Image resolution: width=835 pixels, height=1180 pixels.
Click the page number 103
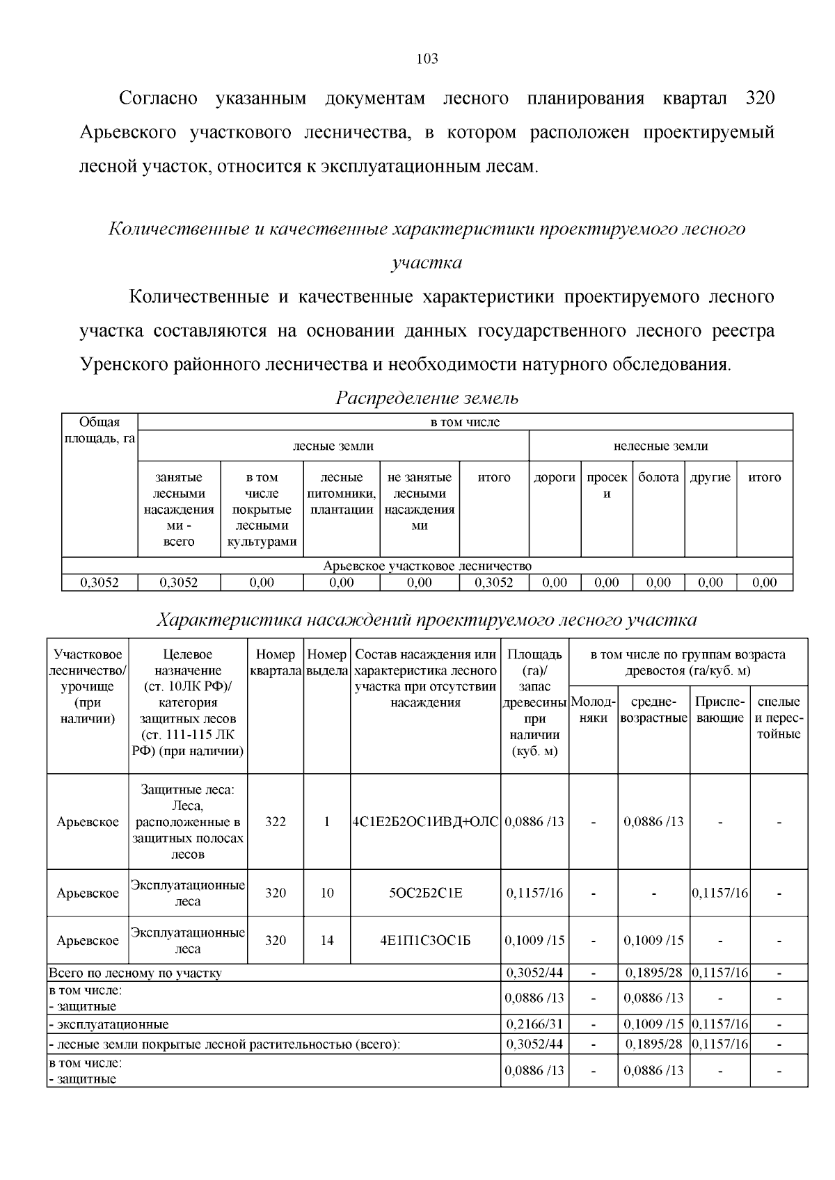427,59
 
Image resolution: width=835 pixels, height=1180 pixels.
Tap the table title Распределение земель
427,398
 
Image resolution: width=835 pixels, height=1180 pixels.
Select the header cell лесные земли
333,446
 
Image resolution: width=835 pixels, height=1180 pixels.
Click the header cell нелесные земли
660,446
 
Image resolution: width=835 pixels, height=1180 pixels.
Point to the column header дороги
554,478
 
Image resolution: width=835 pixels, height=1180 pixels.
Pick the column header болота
658,478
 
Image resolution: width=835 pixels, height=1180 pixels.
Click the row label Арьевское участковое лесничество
427,566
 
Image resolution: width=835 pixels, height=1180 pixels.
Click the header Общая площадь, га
99,430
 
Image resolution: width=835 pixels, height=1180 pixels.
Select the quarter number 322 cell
276,821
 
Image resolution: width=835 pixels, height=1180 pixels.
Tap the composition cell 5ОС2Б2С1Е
425,893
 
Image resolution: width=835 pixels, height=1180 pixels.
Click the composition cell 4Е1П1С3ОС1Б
425,940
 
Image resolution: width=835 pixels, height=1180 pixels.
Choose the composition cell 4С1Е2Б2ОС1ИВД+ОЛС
425,821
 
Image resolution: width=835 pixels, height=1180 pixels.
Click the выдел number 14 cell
327,940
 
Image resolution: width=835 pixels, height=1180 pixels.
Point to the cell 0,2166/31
534,1024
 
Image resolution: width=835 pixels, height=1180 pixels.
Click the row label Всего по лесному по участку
135,973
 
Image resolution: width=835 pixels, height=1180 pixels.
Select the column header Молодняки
593,709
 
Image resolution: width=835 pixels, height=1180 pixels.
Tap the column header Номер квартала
276,663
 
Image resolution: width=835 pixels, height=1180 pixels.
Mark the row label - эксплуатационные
109,1024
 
